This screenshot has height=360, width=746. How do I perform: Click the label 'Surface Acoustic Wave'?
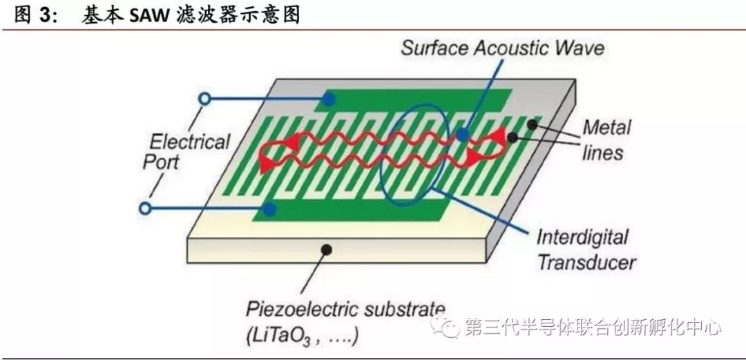pos(502,48)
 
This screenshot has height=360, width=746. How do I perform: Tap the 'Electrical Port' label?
pos(189,152)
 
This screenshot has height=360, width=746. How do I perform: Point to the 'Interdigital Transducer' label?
pos(586,249)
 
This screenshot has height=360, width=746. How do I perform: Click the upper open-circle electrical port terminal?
pos(204,99)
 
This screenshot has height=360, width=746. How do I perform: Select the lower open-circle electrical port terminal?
pos(145,207)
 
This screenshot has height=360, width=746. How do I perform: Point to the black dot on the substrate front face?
pos(326,248)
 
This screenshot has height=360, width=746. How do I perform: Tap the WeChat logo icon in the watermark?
pos(451,326)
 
